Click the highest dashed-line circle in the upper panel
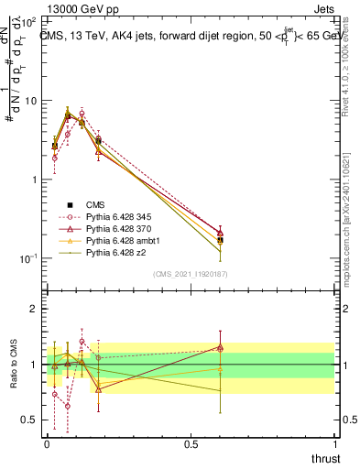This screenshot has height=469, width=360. pos(82,114)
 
